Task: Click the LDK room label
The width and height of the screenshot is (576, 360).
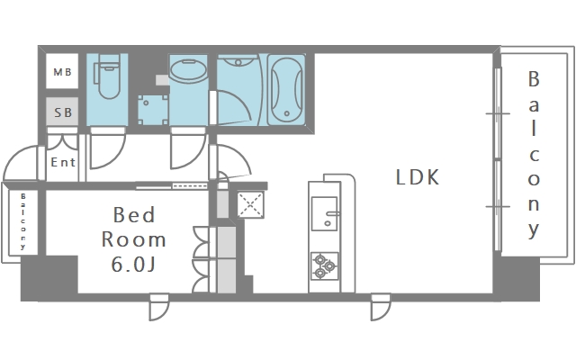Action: coord(418,177)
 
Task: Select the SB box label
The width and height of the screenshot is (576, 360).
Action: coord(63,112)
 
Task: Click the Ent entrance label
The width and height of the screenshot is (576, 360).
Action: coord(63,163)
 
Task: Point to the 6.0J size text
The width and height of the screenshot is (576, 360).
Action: coord(133,265)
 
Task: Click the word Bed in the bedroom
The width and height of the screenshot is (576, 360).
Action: coord(133,216)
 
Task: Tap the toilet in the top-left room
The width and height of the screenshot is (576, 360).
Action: coord(108,77)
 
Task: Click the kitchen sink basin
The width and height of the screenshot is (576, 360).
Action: coord(323,213)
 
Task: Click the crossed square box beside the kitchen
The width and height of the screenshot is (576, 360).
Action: coord(248,203)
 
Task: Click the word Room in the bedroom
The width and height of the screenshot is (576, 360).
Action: coord(133,240)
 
